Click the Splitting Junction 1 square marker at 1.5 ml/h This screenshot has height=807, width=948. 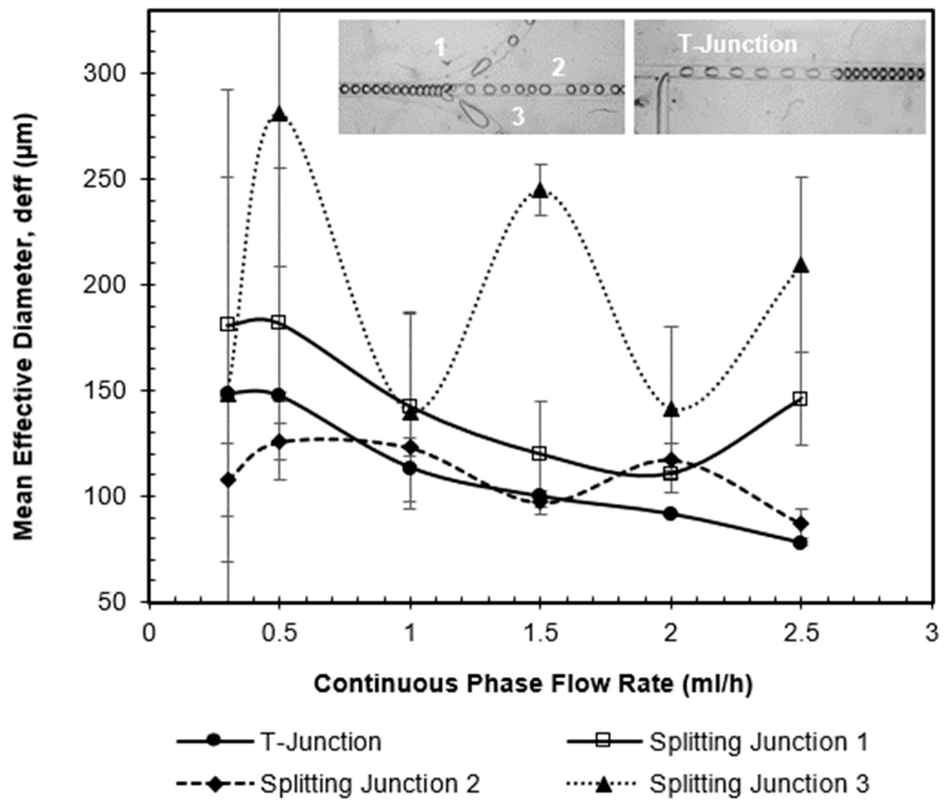[x=540, y=453]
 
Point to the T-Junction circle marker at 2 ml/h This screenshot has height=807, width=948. [x=671, y=513]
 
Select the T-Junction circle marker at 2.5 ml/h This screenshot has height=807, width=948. [x=800, y=543]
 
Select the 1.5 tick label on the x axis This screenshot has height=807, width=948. [x=540, y=634]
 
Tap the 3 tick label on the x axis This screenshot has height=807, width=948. [x=931, y=634]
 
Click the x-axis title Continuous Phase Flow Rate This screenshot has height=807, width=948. [x=533, y=684]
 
